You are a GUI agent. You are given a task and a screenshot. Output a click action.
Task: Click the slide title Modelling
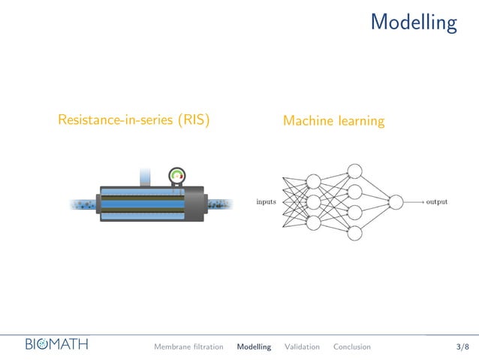click(x=413, y=23)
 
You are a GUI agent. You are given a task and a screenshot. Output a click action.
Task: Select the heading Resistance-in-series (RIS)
click(x=134, y=119)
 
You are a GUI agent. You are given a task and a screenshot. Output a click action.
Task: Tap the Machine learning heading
click(x=333, y=120)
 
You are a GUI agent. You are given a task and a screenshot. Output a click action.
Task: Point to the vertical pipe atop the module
click(x=146, y=177)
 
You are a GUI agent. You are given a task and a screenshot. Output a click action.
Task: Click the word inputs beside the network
click(x=266, y=201)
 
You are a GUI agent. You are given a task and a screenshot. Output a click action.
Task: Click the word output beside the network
click(x=436, y=201)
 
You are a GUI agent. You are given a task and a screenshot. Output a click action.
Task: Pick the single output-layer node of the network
click(x=396, y=201)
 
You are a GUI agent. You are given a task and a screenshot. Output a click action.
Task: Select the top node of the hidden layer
click(x=355, y=171)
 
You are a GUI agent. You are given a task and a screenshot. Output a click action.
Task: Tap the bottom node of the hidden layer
click(x=355, y=233)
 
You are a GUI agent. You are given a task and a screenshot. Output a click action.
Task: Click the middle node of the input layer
click(x=314, y=202)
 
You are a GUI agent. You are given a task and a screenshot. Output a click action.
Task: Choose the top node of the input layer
click(x=314, y=182)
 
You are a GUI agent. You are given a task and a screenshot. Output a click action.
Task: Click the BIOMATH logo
click(x=56, y=345)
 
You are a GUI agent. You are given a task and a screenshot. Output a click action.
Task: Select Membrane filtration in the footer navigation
click(x=188, y=346)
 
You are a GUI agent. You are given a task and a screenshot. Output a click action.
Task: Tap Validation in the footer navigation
click(x=302, y=346)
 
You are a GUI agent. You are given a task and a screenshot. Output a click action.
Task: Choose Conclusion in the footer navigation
click(x=351, y=346)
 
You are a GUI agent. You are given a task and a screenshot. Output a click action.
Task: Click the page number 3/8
click(x=462, y=346)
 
